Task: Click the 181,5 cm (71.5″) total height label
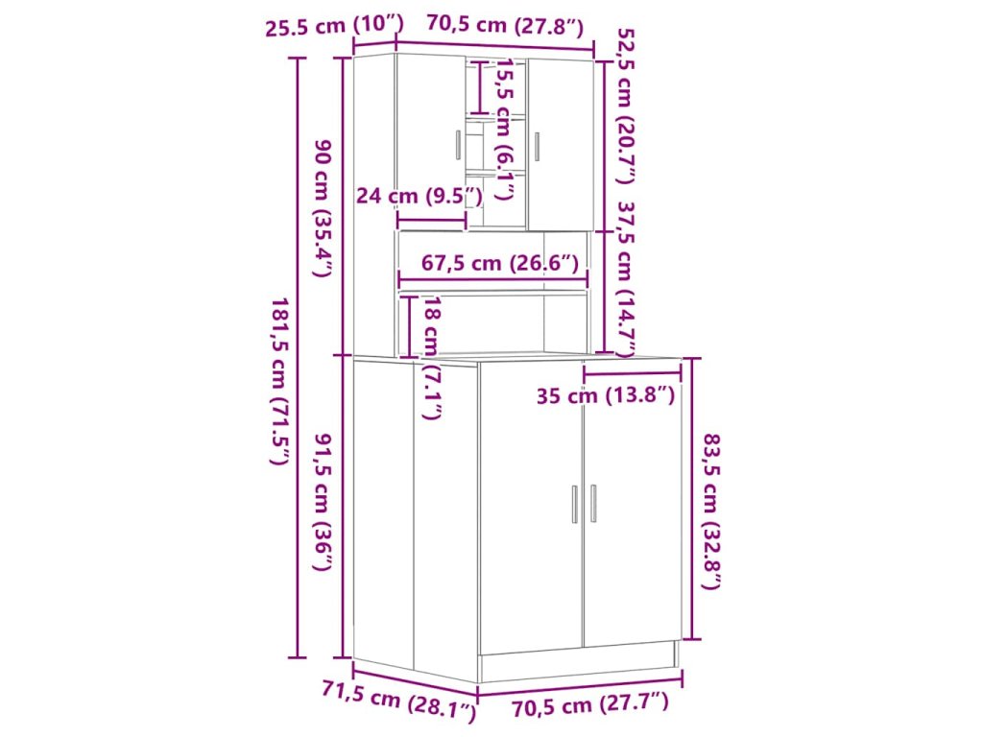[x=280, y=381]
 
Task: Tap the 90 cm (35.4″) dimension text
[x=323, y=208]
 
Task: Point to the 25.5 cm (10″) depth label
[x=334, y=26]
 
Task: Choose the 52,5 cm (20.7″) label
[x=626, y=107]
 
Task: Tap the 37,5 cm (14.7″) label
[x=626, y=279]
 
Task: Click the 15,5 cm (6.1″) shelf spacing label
[x=505, y=130]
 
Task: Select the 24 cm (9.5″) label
[x=420, y=196]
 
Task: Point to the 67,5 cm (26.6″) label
[x=499, y=263]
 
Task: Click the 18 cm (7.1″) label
[x=432, y=358]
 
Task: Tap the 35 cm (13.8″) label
[x=606, y=396]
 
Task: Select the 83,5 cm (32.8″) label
[x=711, y=511]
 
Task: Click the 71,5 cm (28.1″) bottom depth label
[x=399, y=699]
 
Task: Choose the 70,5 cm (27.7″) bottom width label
[x=590, y=704]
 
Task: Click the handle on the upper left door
[x=458, y=146]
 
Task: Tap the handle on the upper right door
[x=537, y=147]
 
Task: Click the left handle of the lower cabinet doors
[x=574, y=504]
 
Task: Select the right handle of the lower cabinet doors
[x=593, y=503]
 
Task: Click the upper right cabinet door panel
[x=561, y=145]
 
